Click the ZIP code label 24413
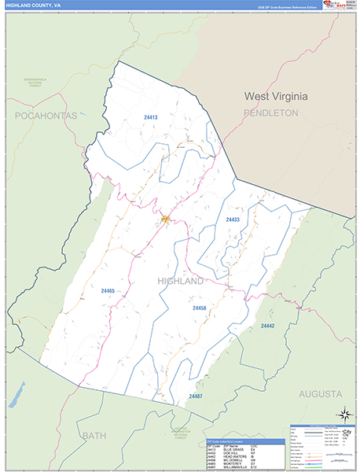pos(151,117)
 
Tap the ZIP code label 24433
pos(233,219)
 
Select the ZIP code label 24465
pos(108,291)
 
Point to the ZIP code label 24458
pos(199,308)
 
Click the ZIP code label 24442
pos(268,325)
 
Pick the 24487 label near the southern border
pos(196,396)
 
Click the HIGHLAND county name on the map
pos(181,281)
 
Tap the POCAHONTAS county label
pos(46,116)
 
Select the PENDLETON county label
pos(271,113)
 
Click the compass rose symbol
pos(343,414)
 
